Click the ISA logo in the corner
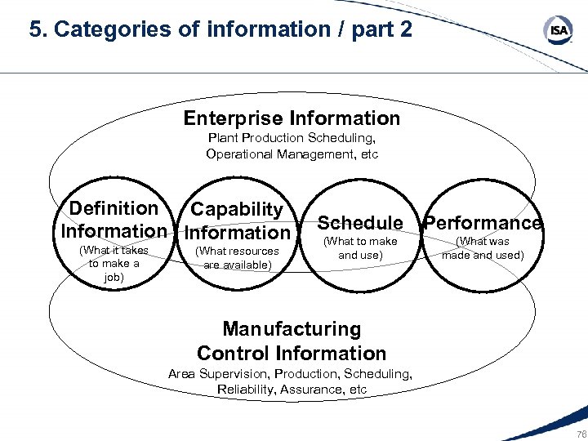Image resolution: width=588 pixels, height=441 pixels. pos(558,30)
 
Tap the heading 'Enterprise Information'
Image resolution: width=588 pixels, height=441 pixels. pos(292,118)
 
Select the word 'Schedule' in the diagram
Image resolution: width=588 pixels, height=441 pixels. pos(360,222)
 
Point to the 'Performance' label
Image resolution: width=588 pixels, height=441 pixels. pos(483,223)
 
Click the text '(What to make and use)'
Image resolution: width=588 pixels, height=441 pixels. pos(360,247)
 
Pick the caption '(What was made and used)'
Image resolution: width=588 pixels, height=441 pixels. pos(483,247)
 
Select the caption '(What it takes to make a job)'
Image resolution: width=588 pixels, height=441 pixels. pos(114,264)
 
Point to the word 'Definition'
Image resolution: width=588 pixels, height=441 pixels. pos(114,208)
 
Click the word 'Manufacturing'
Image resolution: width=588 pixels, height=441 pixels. pos(292,329)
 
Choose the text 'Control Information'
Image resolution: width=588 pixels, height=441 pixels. pos(292,354)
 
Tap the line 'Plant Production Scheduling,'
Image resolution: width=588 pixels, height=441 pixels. pos(292,138)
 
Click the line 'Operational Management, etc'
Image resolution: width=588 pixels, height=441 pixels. pos(292,154)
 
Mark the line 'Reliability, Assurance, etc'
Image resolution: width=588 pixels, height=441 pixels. pos(292,389)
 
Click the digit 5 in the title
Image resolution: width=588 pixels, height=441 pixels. pos(35,30)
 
